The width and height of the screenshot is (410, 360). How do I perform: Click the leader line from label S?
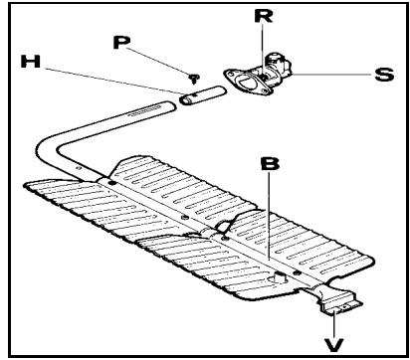(333, 76)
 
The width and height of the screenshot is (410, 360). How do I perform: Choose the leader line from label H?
(119, 80)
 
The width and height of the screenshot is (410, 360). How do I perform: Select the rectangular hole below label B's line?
(281, 272)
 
